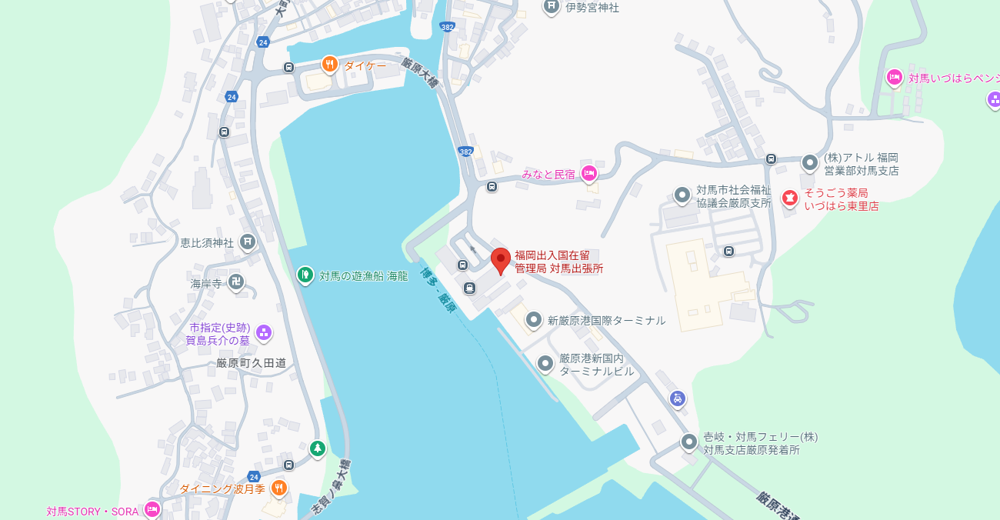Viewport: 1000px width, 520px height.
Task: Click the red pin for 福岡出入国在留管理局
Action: coord(501,260)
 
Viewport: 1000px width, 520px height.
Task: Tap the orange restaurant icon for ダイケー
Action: coord(330,64)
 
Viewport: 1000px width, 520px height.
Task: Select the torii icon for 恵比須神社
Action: coord(247,242)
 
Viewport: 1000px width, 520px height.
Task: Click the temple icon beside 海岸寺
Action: coord(236,283)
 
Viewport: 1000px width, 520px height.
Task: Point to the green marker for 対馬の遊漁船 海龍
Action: coord(305,274)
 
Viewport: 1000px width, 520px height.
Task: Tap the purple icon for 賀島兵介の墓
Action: coord(264,332)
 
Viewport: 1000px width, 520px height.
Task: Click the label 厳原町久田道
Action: coord(251,363)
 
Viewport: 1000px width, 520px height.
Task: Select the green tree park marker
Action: coord(317,448)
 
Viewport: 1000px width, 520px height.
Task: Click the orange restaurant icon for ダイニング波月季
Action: coord(278,488)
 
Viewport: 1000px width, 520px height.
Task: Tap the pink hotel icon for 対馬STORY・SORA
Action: coord(152,509)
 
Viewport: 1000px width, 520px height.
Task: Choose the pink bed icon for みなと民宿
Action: coord(589,174)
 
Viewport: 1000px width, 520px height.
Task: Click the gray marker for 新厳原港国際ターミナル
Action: coord(534,319)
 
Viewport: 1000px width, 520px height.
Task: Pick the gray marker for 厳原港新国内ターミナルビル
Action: coord(545,363)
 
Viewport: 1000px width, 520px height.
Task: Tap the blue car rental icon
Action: coord(678,398)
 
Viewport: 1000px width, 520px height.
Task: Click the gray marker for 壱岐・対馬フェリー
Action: coord(689,442)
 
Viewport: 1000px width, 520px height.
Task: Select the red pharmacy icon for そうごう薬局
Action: coord(789,198)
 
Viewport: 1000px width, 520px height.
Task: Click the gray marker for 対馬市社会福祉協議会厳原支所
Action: coord(682,195)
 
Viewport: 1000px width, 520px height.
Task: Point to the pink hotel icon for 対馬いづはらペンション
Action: coord(894,77)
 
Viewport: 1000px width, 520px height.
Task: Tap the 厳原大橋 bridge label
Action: coord(421,73)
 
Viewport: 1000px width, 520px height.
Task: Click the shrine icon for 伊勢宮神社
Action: coord(552,7)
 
